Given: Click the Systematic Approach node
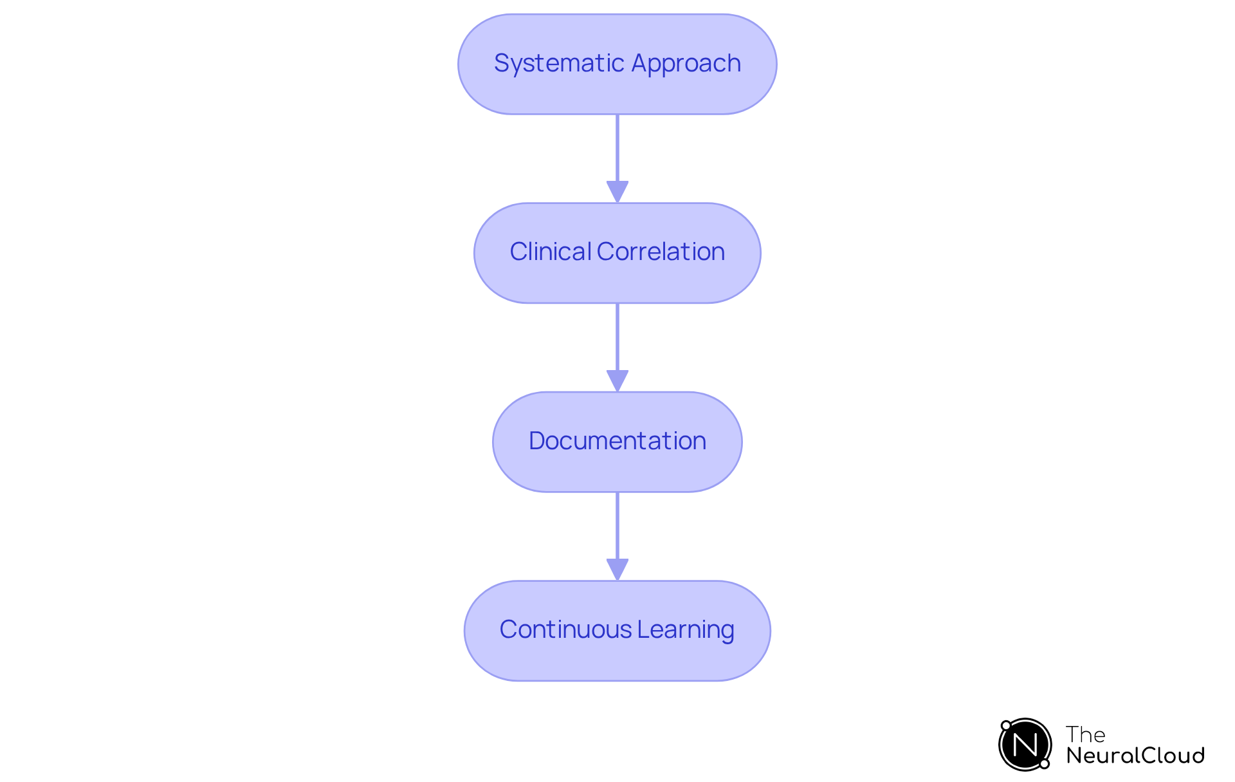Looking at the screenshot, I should click(617, 64).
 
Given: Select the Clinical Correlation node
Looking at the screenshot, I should click(617, 253).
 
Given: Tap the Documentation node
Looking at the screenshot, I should click(617, 442).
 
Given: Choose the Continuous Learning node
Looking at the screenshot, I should click(617, 631).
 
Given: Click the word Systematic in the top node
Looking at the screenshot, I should click(558, 64).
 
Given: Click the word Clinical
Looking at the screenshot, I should click(550, 252).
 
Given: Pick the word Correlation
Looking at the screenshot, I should click(661, 252).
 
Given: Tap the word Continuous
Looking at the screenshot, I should click(565, 629).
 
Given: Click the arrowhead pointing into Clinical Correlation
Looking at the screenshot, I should click(617, 192).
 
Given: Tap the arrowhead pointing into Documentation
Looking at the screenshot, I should click(617, 380).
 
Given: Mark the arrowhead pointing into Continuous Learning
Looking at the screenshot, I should click(617, 570).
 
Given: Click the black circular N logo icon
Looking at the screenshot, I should click(1025, 745).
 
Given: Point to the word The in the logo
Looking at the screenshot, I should click(1085, 734).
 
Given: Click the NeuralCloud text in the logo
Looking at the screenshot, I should click(1135, 756).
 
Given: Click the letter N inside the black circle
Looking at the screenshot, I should click(1025, 745).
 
